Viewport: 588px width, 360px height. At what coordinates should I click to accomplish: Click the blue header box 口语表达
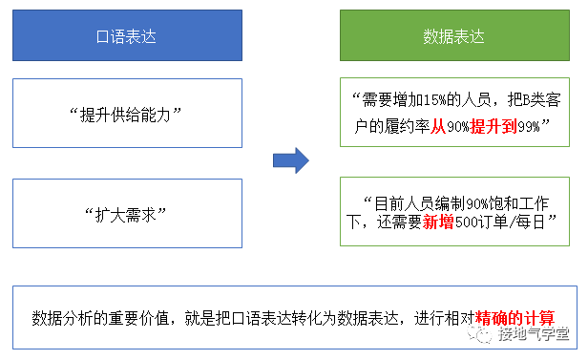pos(126,36)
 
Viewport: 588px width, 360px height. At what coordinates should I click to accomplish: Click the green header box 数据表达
pos(453,36)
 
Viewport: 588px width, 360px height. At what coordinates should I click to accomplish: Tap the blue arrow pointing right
pos(290,160)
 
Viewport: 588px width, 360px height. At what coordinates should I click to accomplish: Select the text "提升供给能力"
pos(126,114)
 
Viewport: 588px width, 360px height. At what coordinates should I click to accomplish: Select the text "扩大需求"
pos(126,211)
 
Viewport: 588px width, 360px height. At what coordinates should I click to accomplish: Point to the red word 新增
pos(430,222)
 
